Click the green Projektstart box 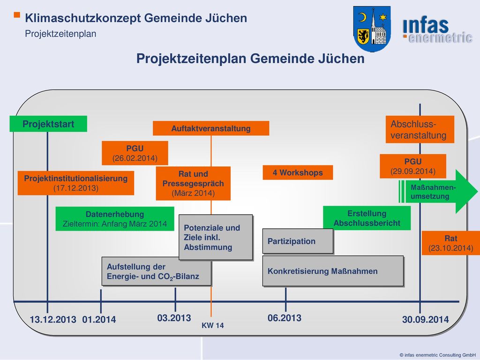tap(48, 124)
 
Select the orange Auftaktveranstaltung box tap(211, 128)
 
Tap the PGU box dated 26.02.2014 tap(135, 153)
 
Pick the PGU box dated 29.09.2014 tap(413, 166)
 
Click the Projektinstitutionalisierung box tap(76, 183)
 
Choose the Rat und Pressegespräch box tap(193, 183)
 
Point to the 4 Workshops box tap(298, 172)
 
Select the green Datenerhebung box tap(115, 219)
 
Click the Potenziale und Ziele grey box tap(216, 237)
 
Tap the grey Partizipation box tap(298, 241)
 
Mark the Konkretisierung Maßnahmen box tap(333, 271)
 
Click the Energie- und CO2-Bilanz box tap(157, 271)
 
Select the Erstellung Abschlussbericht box tap(367, 218)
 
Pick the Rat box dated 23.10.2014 tap(451, 243)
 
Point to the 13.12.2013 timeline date tap(53, 320)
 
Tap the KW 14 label tap(213, 325)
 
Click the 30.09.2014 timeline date tap(426, 320)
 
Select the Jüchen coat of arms tap(372, 29)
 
